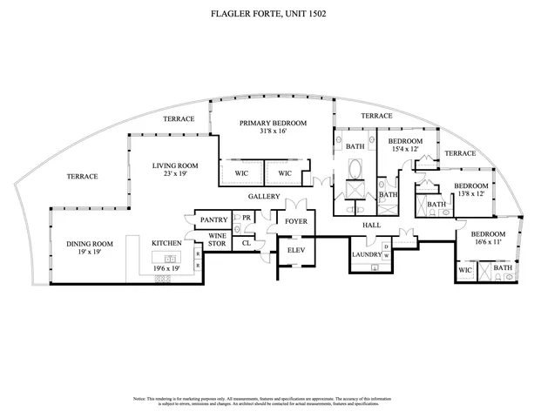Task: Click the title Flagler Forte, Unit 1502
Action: [271, 15]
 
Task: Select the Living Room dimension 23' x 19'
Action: [175, 174]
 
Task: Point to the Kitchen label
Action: [166, 243]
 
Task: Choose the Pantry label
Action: [213, 221]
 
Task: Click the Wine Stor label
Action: [218, 240]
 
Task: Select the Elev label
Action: [294, 251]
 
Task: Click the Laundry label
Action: [367, 254]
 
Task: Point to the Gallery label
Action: [263, 196]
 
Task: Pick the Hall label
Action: [373, 225]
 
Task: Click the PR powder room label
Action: [247, 218]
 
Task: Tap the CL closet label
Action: [247, 243]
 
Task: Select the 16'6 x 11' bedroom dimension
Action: [488, 244]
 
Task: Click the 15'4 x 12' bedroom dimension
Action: [405, 150]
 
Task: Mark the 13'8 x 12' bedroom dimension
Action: [470, 194]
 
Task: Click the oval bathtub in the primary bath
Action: [355, 191]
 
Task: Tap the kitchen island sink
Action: [171, 259]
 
